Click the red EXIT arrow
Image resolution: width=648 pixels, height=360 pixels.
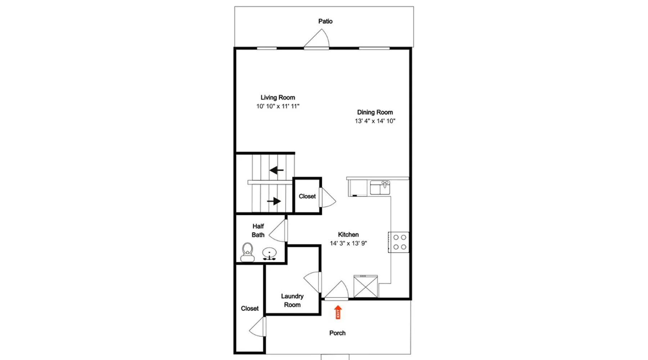(338, 312)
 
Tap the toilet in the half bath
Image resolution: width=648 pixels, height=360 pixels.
(247, 252)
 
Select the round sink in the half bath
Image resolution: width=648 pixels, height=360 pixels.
(269, 254)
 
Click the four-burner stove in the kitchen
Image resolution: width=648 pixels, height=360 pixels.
(399, 242)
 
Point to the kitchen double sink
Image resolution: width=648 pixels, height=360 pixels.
(380, 188)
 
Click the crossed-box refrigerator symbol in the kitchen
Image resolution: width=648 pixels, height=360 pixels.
(366, 287)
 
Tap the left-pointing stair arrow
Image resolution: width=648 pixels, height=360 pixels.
(276, 170)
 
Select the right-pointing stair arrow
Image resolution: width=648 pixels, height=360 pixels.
(274, 201)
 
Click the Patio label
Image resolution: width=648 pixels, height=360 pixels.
(325, 21)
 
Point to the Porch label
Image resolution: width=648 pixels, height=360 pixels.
(337, 333)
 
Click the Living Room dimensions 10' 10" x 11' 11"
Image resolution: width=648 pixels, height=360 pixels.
(278, 106)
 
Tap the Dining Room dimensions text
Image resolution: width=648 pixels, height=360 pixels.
(375, 121)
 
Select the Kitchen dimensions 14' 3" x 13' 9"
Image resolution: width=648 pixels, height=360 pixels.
(348, 243)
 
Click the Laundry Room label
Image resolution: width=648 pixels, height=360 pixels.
(292, 300)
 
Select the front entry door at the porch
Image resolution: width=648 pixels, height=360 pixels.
(337, 291)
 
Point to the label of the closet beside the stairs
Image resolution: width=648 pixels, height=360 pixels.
(307, 196)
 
